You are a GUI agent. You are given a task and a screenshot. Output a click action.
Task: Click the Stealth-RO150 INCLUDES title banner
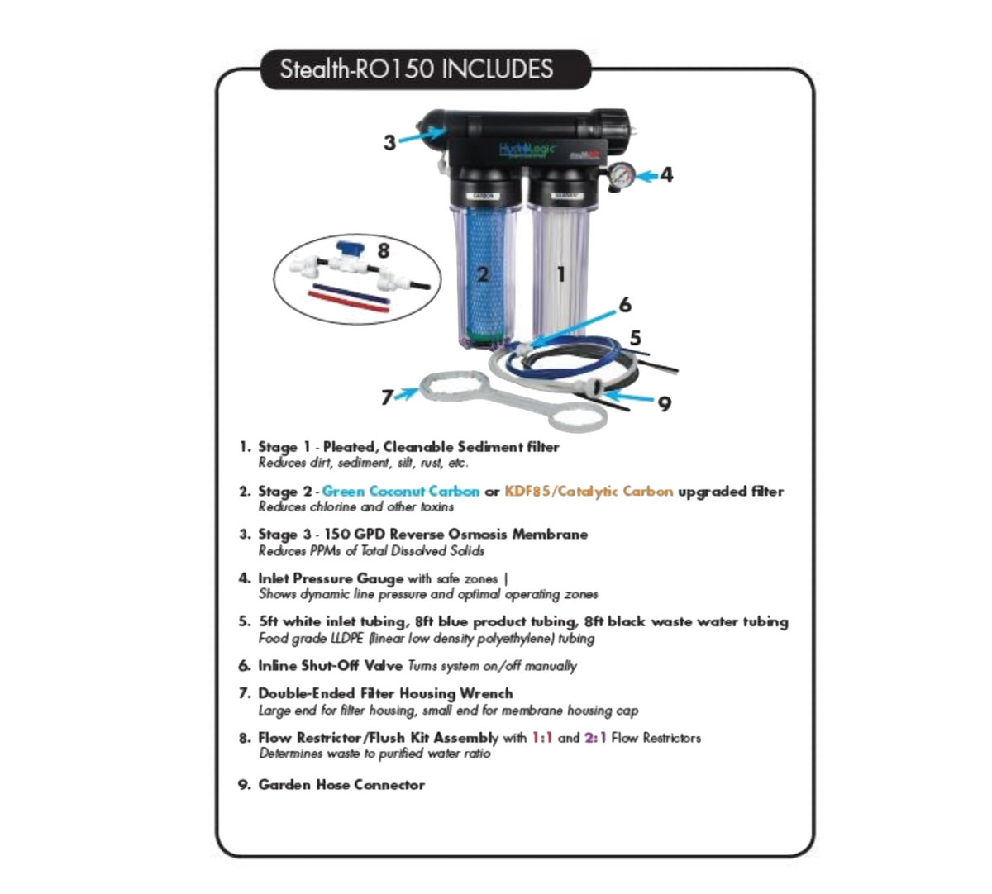point(416,69)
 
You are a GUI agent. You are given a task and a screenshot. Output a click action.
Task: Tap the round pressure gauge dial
point(623,174)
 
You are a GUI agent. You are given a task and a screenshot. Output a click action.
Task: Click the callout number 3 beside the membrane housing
point(389,143)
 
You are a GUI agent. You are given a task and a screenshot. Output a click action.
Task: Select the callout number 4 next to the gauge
point(666,174)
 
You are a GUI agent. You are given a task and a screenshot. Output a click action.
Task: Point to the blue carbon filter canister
point(483,273)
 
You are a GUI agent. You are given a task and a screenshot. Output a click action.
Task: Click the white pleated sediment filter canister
point(561,273)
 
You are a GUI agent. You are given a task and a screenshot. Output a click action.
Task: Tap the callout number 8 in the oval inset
point(383,250)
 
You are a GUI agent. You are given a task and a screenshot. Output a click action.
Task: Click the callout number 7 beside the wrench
point(386,398)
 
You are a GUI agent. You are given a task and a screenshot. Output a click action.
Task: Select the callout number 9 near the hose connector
point(665,404)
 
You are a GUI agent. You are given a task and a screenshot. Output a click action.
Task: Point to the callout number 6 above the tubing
point(625,305)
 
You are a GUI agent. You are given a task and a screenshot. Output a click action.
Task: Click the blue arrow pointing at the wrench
point(406,393)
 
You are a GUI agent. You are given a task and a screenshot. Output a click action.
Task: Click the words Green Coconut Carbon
point(400,492)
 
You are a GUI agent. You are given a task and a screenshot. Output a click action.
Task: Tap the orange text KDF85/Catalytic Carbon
point(589,492)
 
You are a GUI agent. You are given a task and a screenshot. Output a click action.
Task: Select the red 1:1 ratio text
point(541,738)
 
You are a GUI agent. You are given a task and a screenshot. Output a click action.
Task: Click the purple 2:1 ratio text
point(595,738)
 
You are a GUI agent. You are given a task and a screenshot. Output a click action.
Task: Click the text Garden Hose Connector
point(341,785)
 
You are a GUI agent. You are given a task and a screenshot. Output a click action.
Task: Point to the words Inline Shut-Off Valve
point(330,666)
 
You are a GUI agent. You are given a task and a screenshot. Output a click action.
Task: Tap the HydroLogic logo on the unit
point(527,150)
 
